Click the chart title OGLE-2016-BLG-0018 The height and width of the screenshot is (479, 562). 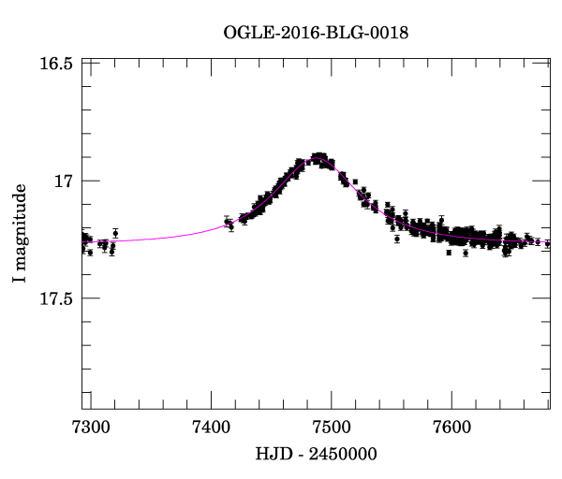[316, 32]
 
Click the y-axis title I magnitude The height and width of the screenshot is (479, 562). [21, 233]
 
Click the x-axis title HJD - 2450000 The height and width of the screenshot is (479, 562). [316, 453]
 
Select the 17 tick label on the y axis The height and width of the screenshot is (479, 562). [63, 181]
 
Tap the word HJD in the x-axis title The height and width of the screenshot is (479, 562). [273, 453]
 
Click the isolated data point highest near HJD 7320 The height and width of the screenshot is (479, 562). [115, 233]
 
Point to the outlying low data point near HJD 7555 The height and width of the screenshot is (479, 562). [397, 239]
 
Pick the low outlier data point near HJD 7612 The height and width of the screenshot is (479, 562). [466, 253]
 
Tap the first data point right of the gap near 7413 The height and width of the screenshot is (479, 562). [228, 222]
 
